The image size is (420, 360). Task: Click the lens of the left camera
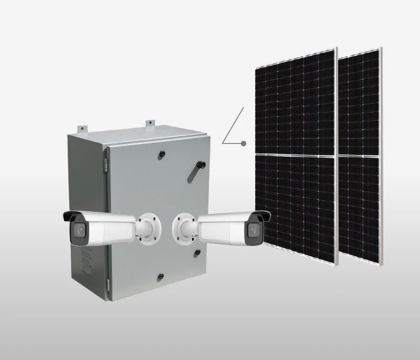[79, 230]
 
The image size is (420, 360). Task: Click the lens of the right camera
[254, 229]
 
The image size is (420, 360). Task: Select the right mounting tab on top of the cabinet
[150, 124]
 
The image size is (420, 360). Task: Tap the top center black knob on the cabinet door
[162, 153]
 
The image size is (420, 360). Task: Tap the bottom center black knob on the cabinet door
[161, 276]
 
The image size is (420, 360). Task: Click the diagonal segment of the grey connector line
[234, 125]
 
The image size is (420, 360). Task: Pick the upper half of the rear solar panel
[359, 102]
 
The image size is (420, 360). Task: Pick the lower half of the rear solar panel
[359, 208]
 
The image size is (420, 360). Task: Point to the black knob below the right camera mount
[197, 253]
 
